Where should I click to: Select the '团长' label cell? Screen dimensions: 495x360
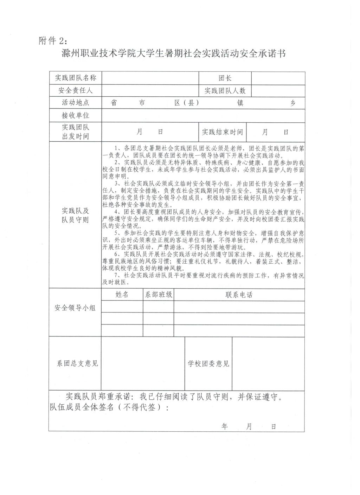[225, 78]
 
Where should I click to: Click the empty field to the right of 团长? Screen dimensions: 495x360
[278, 78]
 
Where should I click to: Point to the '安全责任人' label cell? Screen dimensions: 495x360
[75, 91]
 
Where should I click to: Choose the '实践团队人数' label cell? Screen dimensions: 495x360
[225, 91]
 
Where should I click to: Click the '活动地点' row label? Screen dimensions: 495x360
[75, 103]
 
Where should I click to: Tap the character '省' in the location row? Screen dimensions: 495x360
[114, 103]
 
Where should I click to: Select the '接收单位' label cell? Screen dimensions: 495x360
[75, 115]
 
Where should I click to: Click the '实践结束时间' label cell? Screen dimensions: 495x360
[222, 132]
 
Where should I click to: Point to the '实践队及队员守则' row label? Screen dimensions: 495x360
[75, 216]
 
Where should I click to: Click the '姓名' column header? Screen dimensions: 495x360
[122, 295]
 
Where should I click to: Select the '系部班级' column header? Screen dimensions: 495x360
[159, 295]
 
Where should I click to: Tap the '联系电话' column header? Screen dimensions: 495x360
[239, 295]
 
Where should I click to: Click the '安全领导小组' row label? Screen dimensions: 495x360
[75, 308]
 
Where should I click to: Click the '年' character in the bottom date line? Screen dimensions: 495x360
[225, 426]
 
